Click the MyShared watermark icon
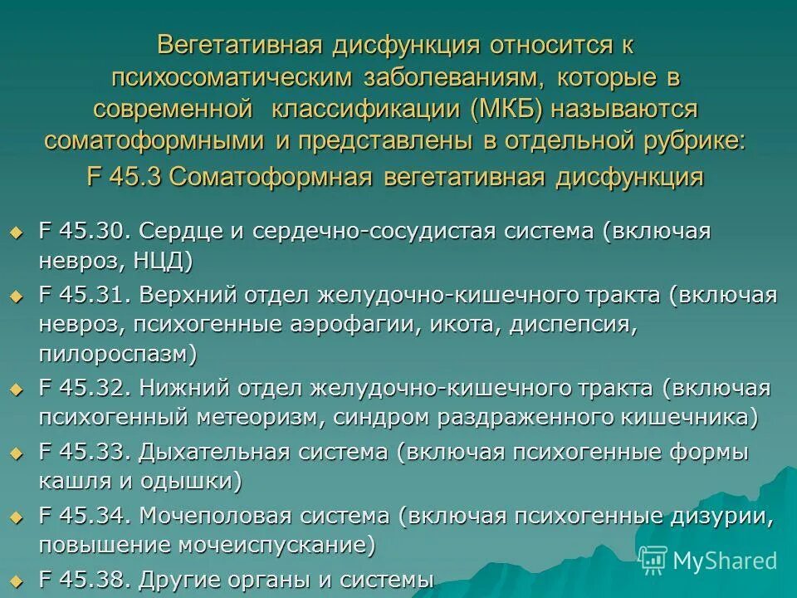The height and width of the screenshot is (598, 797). [653, 560]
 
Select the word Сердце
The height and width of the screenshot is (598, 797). [180, 230]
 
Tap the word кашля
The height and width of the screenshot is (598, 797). [70, 481]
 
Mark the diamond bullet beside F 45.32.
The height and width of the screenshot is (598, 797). [15, 389]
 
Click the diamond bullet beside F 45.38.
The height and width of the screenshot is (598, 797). [15, 580]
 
